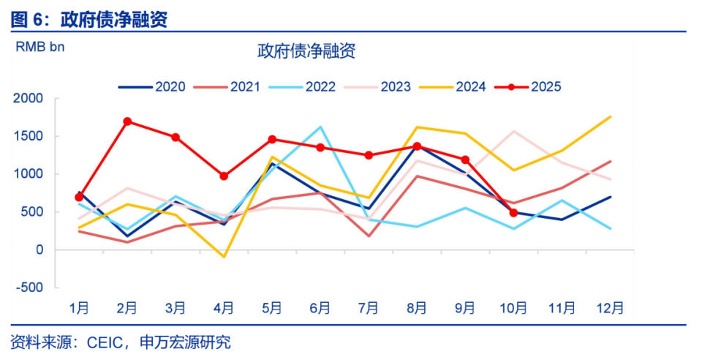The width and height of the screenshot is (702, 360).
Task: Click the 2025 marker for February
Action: point(127,121)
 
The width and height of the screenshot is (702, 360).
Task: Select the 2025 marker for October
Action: point(513,213)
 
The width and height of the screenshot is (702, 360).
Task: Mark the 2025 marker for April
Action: point(224,176)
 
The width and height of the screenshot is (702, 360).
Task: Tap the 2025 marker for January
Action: point(79,198)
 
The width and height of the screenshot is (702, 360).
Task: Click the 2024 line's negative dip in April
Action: point(224,257)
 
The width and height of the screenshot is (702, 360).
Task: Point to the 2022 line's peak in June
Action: point(320,127)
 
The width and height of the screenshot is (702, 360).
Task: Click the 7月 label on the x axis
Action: point(369,308)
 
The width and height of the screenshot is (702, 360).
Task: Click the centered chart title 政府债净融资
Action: point(306,51)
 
